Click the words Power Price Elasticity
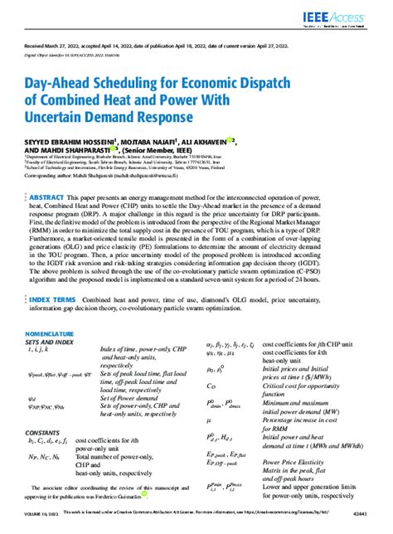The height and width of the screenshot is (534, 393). click(x=301, y=463)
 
